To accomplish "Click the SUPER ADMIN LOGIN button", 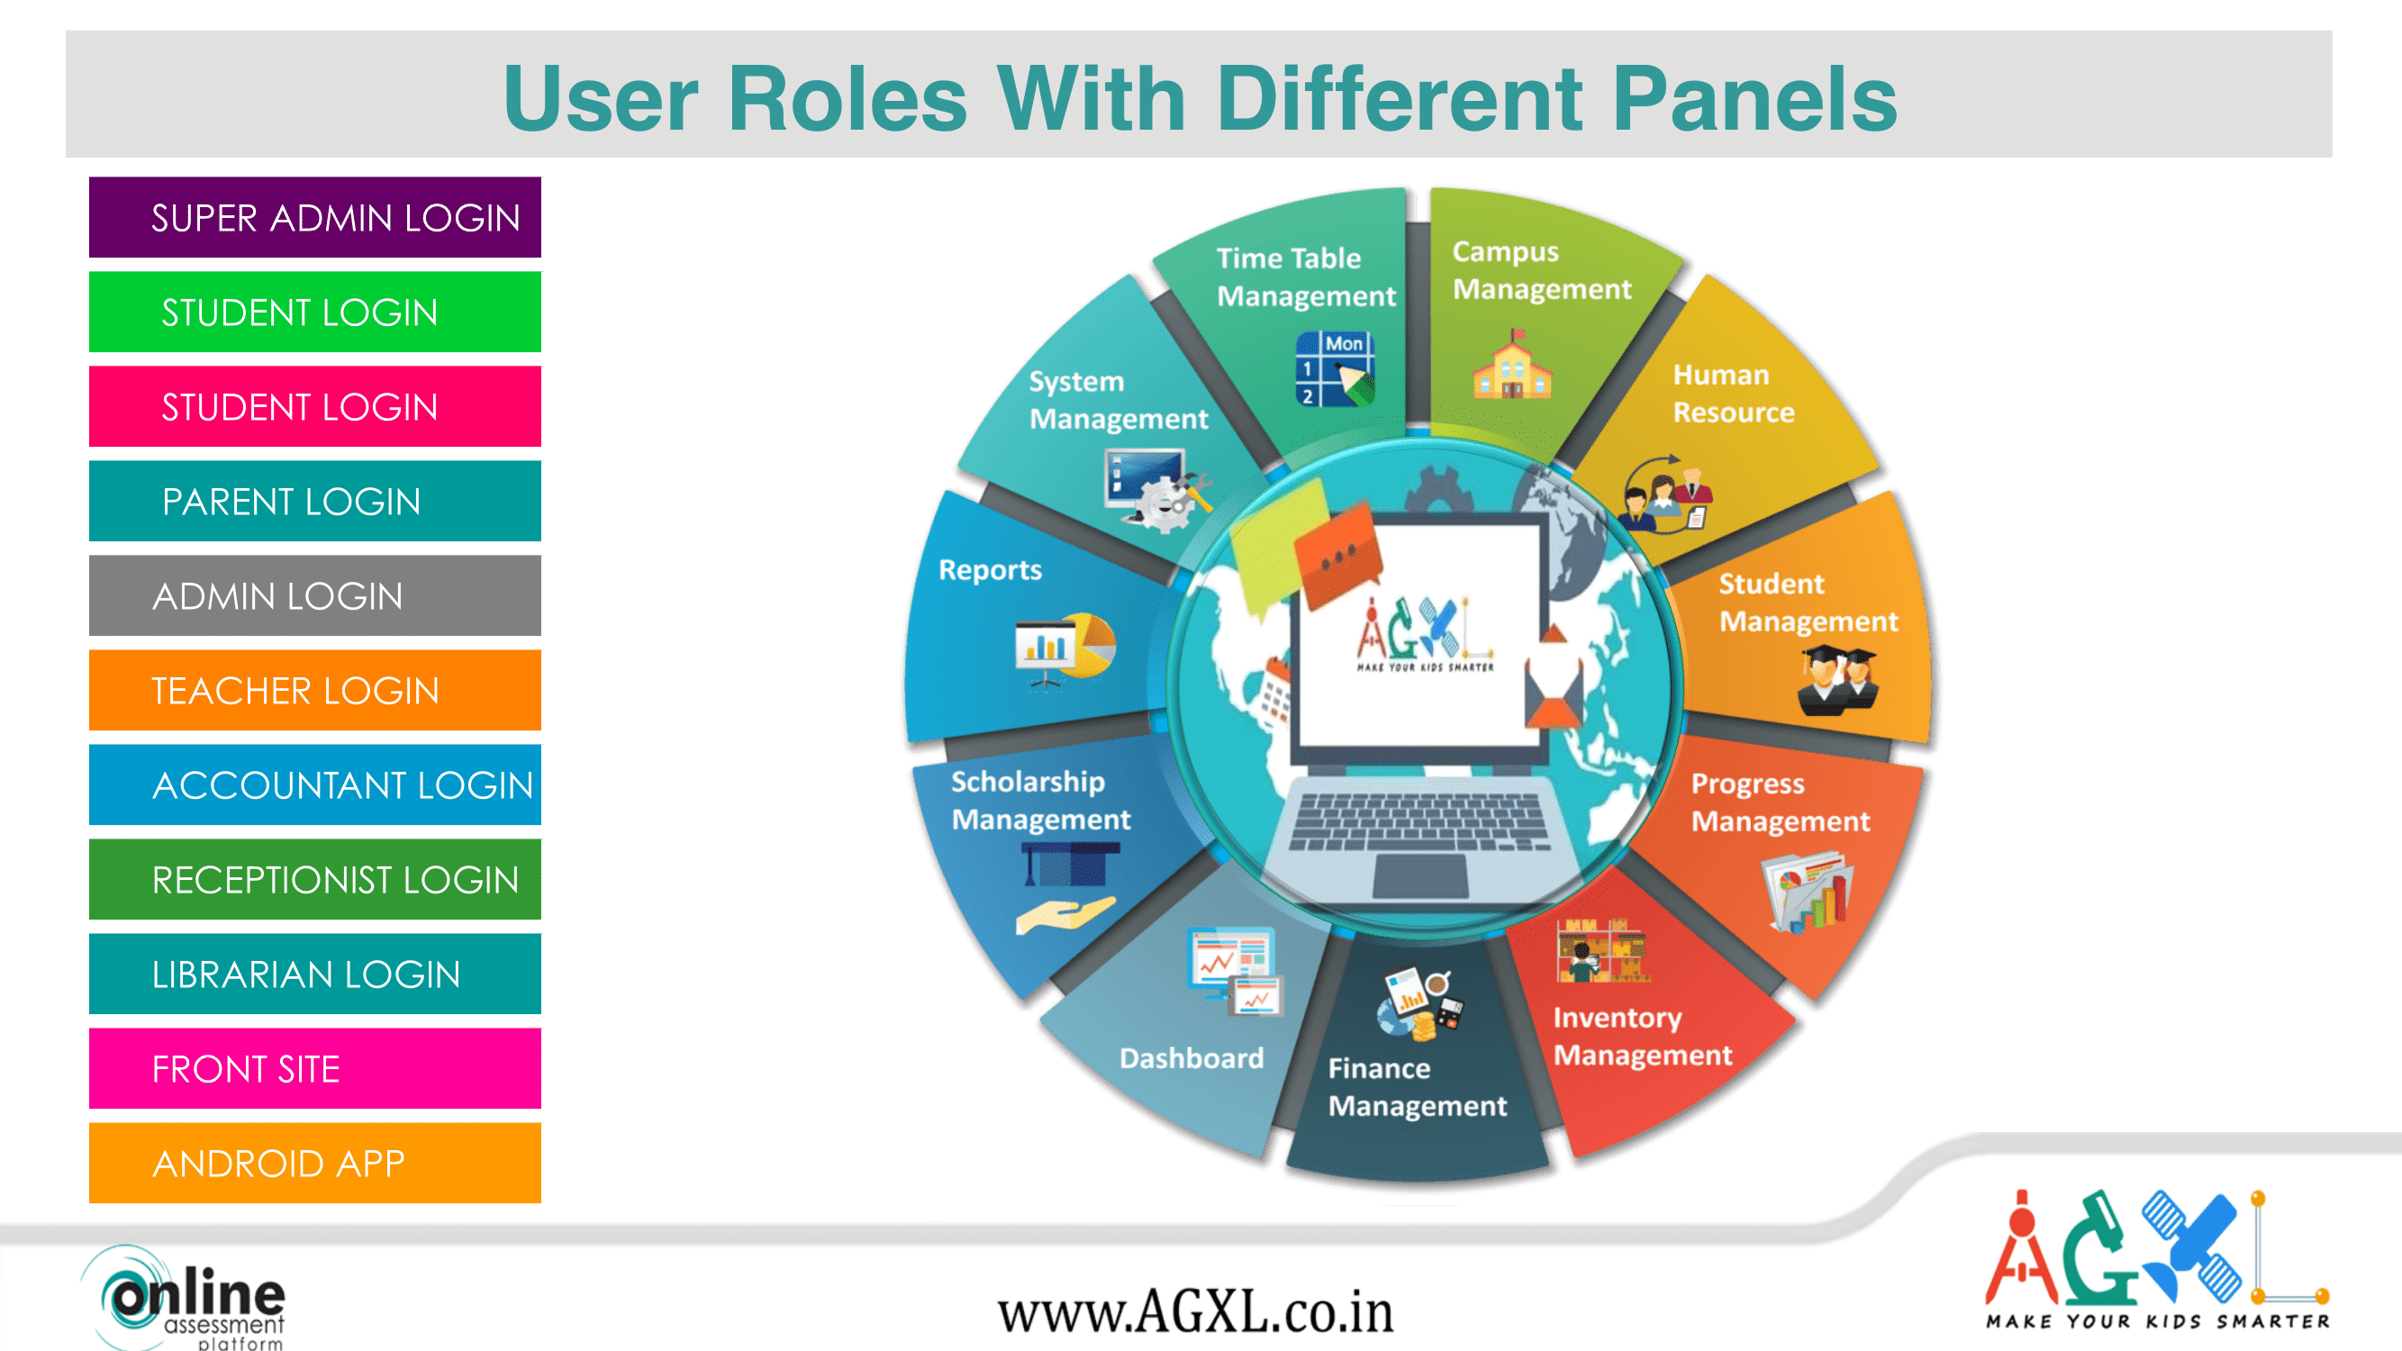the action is (315, 217).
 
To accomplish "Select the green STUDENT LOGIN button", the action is (315, 312).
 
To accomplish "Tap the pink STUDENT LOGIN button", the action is (315, 406).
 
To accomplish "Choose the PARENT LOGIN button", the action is (315, 501).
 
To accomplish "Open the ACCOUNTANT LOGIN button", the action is (315, 784).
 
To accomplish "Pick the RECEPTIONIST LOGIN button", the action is (315, 879).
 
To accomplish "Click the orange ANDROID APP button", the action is (315, 1163).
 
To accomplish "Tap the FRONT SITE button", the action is (315, 1068).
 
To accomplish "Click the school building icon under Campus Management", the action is (1512, 365).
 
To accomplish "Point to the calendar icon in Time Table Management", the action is (1336, 369).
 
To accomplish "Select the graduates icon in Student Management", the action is (1837, 682).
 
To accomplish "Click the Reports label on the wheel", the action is (991, 570).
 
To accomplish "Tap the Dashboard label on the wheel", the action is (1192, 1058).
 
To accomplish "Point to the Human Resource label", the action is (1734, 394).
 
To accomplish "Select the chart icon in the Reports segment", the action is (1065, 650).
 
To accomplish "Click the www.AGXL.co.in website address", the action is (1195, 1312).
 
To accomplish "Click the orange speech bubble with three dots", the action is (1338, 556).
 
